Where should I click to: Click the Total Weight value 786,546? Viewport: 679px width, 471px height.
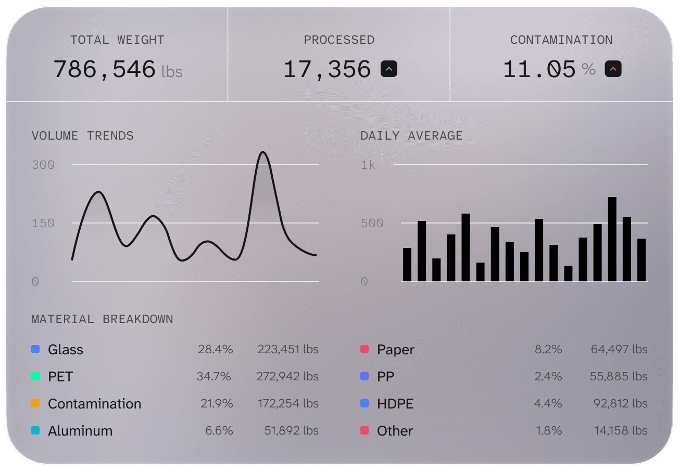105,69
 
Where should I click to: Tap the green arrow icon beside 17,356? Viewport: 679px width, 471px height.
389,69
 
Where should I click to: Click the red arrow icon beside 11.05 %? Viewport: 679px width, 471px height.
613,69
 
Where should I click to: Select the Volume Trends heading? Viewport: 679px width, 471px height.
82,136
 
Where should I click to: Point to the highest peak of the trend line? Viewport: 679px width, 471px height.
263,153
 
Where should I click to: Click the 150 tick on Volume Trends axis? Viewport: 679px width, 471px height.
43,223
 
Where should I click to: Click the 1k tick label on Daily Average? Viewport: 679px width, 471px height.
368,165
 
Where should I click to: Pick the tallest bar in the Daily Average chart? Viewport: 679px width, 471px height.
612,239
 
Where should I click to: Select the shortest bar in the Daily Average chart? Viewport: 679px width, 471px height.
568,274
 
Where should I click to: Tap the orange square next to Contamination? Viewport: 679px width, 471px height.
35,404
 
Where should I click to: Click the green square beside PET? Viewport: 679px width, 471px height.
35,377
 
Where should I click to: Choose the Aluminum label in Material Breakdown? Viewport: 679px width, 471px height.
80,431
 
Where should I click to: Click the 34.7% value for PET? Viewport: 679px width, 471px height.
213,377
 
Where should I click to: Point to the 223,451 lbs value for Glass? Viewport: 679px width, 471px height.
287,350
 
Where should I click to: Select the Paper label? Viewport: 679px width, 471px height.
396,350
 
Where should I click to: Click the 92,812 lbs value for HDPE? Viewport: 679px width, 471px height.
620,404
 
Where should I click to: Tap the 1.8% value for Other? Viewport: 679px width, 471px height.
549,431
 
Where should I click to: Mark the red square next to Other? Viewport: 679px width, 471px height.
364,431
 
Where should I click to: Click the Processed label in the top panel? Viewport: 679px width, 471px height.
339,40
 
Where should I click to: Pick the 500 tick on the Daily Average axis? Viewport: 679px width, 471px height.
372,224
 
